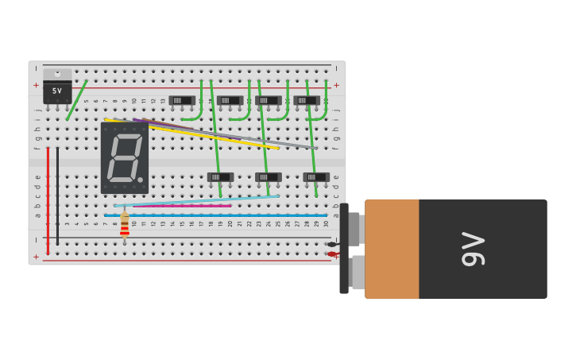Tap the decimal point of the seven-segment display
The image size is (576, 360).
click(141, 180)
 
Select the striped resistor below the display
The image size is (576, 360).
click(125, 226)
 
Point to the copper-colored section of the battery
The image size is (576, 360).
click(392, 249)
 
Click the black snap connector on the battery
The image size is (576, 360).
click(344, 249)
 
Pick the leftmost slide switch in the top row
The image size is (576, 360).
click(182, 100)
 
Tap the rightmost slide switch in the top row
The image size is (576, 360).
click(307, 100)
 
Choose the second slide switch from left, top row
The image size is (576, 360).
click(230, 100)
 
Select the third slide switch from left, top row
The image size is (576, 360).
click(269, 100)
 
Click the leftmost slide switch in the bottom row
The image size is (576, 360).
click(221, 177)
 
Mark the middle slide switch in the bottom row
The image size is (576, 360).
click(269, 177)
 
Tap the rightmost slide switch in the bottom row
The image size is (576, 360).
click(316, 177)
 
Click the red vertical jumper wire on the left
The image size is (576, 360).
click(48, 199)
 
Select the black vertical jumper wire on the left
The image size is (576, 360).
click(57, 195)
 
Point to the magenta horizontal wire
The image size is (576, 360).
click(183, 206)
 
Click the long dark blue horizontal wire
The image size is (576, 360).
click(215, 215)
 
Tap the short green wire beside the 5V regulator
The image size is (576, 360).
click(77, 100)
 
